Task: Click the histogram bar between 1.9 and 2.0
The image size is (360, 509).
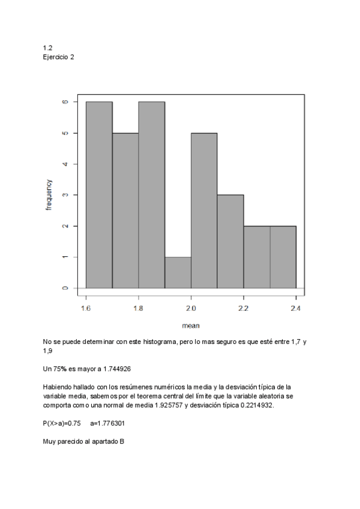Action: [178, 273]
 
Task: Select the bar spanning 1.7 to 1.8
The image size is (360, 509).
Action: [125, 210]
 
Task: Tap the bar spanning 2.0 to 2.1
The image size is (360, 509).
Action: [204, 210]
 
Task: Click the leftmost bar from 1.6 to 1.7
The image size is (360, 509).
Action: [99, 195]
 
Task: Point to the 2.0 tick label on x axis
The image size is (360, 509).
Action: [191, 309]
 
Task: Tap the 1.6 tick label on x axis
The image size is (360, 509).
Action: [86, 309]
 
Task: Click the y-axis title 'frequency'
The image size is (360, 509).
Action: [49, 194]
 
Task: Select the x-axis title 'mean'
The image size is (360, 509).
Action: [191, 326]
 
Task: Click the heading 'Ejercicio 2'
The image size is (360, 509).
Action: [59, 57]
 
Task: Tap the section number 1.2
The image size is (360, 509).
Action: [47, 48]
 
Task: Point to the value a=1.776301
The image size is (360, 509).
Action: [111, 423]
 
